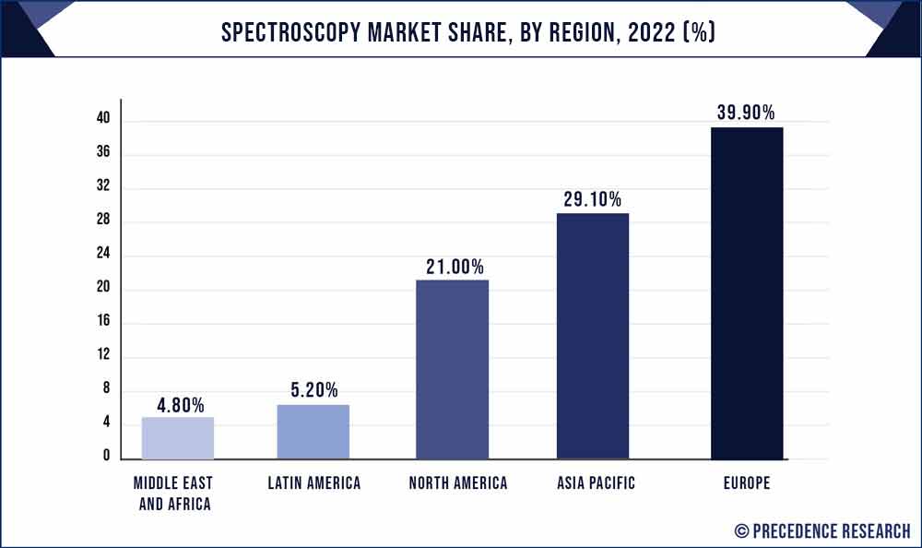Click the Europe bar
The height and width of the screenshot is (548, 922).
[x=747, y=292]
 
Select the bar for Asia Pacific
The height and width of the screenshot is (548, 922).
[x=593, y=336]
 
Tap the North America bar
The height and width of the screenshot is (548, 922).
[x=452, y=369]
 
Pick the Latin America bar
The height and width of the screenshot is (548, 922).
[x=313, y=431]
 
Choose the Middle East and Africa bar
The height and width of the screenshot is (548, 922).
[x=177, y=437]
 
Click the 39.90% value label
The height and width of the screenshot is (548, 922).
[x=747, y=113]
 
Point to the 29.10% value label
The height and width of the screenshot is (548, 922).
[x=593, y=199]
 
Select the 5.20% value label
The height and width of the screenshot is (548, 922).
[x=314, y=390]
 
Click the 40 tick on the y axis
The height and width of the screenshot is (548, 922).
[x=103, y=119]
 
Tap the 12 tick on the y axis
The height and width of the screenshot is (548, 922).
[x=103, y=355]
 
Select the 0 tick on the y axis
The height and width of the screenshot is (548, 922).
[x=107, y=457]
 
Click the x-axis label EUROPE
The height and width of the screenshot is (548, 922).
[x=747, y=483]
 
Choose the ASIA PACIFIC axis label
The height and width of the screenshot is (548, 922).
[x=593, y=483]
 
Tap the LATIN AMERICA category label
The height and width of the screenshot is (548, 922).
[x=314, y=483]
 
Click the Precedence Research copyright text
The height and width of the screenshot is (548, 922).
[x=822, y=530]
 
